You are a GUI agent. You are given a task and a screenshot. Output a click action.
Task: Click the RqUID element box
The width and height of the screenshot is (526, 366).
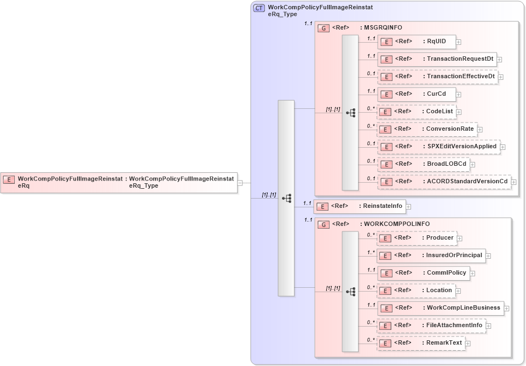[417, 42]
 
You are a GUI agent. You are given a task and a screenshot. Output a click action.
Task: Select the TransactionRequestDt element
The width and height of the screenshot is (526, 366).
[436, 59]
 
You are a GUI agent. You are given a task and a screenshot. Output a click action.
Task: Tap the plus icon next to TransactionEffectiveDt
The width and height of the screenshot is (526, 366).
[500, 77]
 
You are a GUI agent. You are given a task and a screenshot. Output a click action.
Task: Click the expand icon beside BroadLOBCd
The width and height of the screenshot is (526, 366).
[472, 165]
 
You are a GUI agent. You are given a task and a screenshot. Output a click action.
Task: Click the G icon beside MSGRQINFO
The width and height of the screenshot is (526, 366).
[323, 27]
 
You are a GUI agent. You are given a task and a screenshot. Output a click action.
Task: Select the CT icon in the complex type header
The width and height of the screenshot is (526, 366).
[259, 8]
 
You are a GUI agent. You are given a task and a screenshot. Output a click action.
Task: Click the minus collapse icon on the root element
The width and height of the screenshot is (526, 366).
[240, 183]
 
